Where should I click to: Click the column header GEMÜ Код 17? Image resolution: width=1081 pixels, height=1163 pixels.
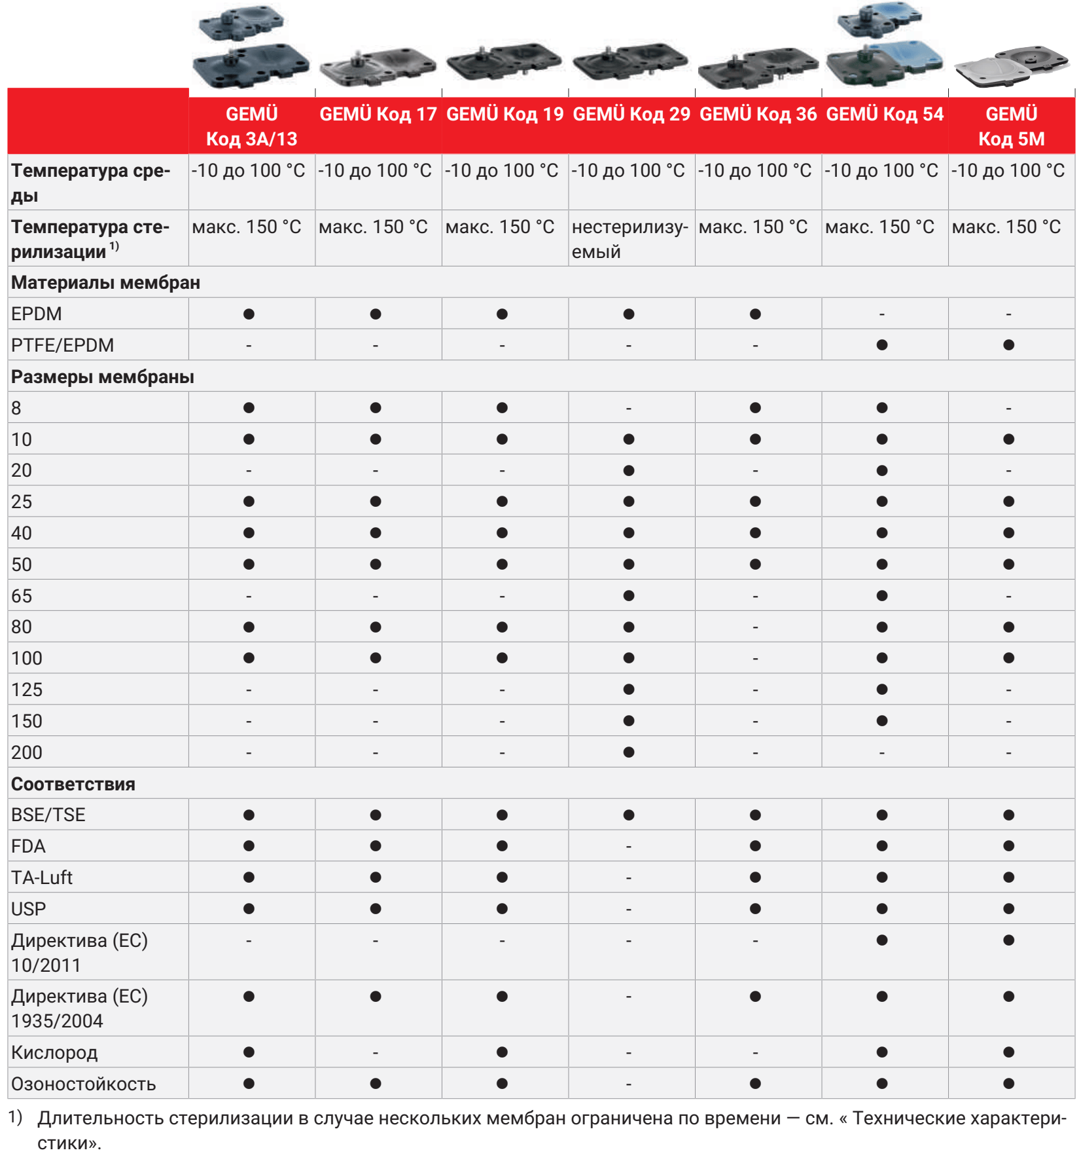point(378,115)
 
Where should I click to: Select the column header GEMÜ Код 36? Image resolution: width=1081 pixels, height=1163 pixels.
point(758,115)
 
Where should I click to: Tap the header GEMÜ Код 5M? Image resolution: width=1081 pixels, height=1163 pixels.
point(1011,126)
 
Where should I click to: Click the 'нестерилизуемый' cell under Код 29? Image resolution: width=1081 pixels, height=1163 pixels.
point(629,239)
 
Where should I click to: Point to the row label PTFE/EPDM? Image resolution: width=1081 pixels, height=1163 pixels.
point(63,345)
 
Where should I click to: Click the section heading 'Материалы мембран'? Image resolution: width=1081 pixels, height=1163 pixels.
point(106,283)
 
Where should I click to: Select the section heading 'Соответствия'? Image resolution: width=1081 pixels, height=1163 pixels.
point(73,784)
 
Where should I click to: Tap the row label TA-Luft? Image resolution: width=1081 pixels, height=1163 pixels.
point(42,877)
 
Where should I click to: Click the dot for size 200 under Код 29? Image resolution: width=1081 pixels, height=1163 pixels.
point(629,752)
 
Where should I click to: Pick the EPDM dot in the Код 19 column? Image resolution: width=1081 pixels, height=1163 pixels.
point(502,314)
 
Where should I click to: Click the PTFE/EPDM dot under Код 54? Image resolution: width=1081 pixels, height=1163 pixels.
point(882,345)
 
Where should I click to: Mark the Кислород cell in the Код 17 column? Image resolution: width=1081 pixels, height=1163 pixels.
point(376,1052)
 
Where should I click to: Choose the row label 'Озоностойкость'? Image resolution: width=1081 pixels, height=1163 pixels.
point(84,1084)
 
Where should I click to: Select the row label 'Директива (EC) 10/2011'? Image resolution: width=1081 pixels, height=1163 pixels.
point(79,952)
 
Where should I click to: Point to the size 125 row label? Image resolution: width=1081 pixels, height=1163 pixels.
point(27,690)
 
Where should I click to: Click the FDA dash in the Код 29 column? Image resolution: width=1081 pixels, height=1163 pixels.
point(629,846)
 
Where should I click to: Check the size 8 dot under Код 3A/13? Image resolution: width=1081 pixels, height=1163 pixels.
point(249,408)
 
